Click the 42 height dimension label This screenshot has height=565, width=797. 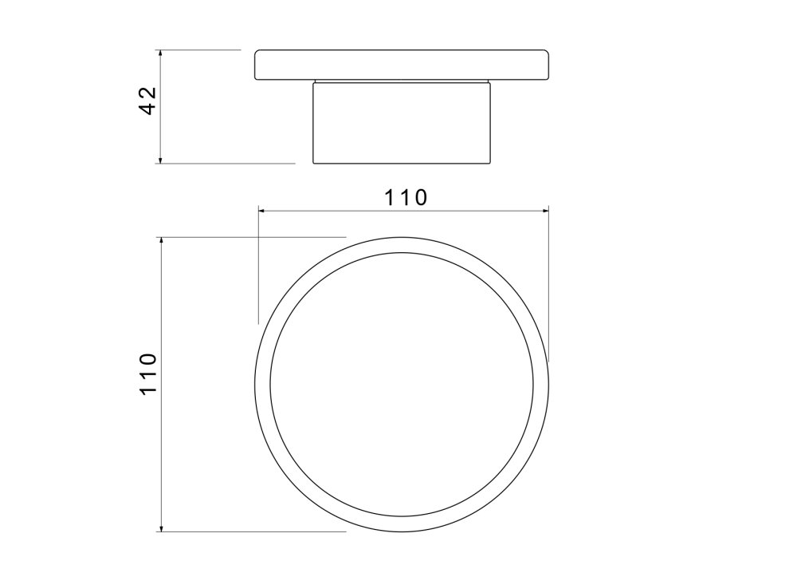[148, 101]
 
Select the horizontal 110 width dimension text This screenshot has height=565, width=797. [406, 197]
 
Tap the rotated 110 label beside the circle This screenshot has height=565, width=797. [148, 373]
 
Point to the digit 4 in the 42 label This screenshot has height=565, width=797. [148, 109]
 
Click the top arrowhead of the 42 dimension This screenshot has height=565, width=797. [160, 53]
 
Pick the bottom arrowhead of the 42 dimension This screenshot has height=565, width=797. [160, 160]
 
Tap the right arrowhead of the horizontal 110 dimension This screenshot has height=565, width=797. [545, 210]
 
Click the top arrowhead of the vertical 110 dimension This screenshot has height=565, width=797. [161, 240]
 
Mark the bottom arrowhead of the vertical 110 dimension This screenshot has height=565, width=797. [161, 528]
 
